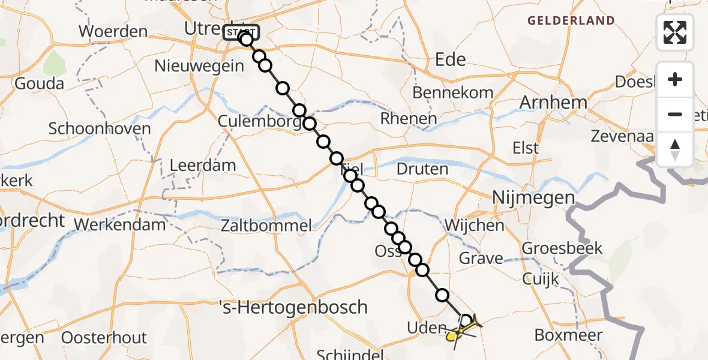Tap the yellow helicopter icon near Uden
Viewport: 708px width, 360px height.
click(463, 329)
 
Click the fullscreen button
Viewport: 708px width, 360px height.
click(675, 32)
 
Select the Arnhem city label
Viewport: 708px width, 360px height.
click(553, 102)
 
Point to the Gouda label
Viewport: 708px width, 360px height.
click(39, 83)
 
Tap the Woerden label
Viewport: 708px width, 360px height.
click(113, 31)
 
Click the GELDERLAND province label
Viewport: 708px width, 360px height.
click(571, 21)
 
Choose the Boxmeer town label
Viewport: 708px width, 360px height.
click(568, 335)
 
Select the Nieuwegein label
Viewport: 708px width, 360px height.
click(199, 65)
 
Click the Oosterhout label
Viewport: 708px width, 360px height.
click(104, 337)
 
